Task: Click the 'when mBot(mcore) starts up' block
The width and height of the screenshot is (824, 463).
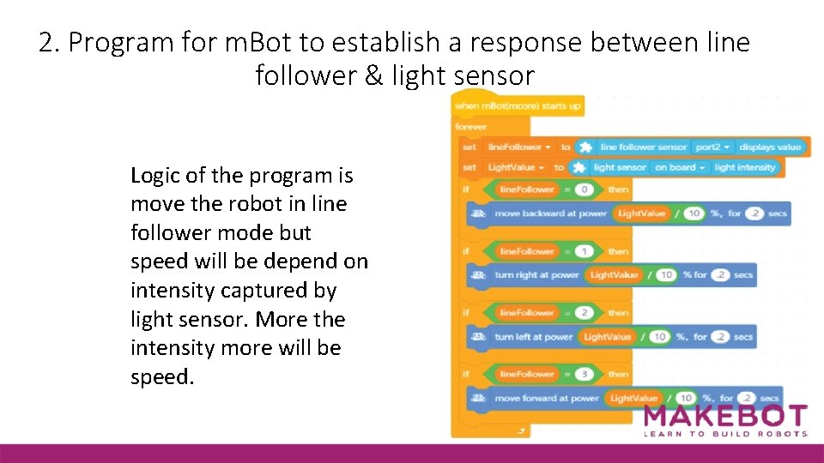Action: (x=518, y=106)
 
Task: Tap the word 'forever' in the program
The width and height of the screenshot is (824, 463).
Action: (x=471, y=127)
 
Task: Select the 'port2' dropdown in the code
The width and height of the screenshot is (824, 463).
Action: (x=712, y=147)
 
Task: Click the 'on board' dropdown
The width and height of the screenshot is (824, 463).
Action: (x=679, y=168)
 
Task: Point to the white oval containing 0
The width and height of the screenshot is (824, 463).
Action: (x=584, y=189)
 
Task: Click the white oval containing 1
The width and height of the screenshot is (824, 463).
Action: (x=584, y=252)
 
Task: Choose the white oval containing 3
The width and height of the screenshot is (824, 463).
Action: (x=584, y=375)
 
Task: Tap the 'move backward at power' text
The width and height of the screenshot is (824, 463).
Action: (x=550, y=213)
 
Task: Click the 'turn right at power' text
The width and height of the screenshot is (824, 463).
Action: (x=536, y=275)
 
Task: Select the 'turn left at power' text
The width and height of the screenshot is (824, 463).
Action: (x=533, y=337)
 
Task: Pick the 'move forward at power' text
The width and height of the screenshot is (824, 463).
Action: (x=547, y=399)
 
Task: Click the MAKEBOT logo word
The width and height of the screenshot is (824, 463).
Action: (x=725, y=416)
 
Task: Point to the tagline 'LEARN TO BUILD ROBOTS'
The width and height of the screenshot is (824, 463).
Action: (x=725, y=434)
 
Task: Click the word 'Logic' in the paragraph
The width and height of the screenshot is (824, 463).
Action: (x=154, y=177)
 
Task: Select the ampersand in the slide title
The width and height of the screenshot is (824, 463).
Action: (x=374, y=76)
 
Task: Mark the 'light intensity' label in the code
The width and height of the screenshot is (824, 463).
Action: (x=744, y=168)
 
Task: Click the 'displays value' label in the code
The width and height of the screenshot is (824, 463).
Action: (x=769, y=147)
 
